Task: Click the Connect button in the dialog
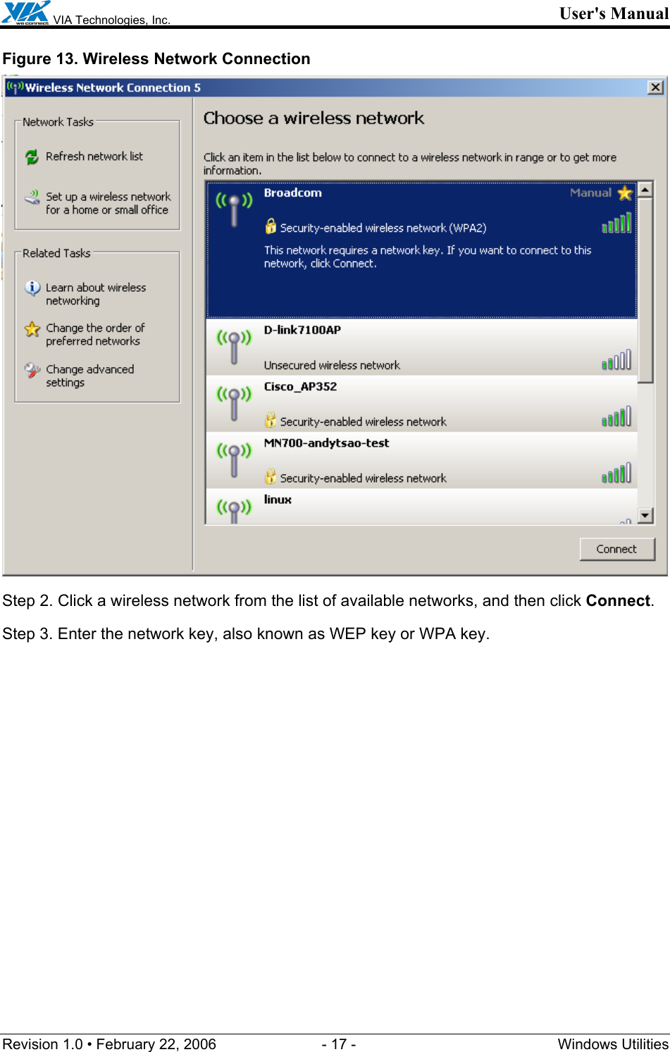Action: click(x=616, y=549)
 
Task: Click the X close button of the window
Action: click(x=655, y=87)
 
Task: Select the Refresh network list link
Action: click(x=94, y=156)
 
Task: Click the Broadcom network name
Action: click(x=292, y=193)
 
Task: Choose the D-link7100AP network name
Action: click(x=302, y=330)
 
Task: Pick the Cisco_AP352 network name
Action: click(x=300, y=387)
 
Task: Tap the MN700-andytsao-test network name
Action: click(x=326, y=443)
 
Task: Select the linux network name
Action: click(x=278, y=500)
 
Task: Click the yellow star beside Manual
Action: click(x=624, y=193)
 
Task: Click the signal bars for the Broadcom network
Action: click(x=616, y=224)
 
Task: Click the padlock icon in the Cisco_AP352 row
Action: click(x=271, y=421)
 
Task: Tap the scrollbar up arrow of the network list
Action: click(x=645, y=190)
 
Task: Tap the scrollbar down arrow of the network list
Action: click(x=645, y=516)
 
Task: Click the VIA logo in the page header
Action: click(x=26, y=13)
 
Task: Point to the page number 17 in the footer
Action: click(x=339, y=1044)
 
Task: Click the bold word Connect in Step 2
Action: click(x=617, y=601)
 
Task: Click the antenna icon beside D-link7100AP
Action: click(x=234, y=345)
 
